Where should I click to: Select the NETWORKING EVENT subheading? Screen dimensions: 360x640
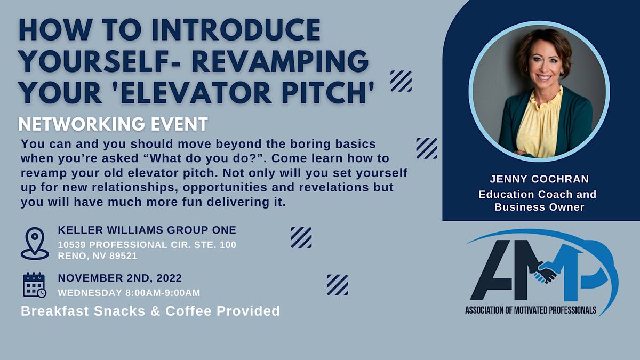pyautogui.click(x=113, y=124)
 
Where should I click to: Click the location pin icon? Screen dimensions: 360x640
pyautogui.click(x=35, y=243)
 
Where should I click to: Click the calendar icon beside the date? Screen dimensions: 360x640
pyautogui.click(x=35, y=285)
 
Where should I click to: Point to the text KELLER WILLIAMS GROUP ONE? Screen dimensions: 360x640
pyautogui.click(x=147, y=230)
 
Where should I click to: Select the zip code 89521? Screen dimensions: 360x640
pyautogui.click(x=123, y=255)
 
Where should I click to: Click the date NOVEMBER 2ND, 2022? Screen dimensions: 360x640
pyautogui.click(x=120, y=278)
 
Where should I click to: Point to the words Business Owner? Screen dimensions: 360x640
pyautogui.click(x=539, y=207)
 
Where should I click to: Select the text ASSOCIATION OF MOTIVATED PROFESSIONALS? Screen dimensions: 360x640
pyautogui.click(x=530, y=310)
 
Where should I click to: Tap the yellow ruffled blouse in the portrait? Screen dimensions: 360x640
pyautogui.click(x=539, y=125)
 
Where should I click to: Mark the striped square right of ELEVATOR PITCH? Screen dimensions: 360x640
pyautogui.click(x=401, y=81)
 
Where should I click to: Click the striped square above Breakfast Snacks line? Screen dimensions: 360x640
pyautogui.click(x=337, y=285)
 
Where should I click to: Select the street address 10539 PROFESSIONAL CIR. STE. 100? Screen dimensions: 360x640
pyautogui.click(x=147, y=245)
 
